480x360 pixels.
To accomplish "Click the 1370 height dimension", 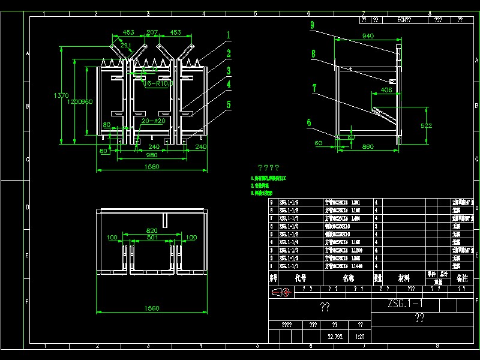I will (x=61, y=95).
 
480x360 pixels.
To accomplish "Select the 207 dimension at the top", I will (x=152, y=32).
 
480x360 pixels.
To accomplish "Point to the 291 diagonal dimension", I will (x=126, y=45).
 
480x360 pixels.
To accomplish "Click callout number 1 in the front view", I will (x=228, y=34).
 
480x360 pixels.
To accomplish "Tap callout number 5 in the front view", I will (x=228, y=104).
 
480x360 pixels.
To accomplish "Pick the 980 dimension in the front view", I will (x=152, y=155).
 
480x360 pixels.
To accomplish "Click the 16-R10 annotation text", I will (x=157, y=83).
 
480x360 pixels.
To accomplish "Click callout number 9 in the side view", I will (x=313, y=25).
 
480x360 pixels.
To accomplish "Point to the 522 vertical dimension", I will (x=427, y=125).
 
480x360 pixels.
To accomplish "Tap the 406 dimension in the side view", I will (x=386, y=91).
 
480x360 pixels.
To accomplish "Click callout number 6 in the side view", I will (x=309, y=122).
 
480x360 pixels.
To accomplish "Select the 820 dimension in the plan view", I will (x=152, y=230).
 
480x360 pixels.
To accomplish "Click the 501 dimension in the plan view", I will (x=152, y=238).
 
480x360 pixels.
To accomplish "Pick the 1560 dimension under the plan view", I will (x=152, y=308).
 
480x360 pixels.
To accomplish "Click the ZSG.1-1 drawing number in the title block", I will (x=405, y=304).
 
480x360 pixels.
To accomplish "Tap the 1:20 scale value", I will (x=360, y=337).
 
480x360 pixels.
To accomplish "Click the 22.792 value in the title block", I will (x=335, y=337).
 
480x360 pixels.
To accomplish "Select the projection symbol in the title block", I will (x=281, y=292).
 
